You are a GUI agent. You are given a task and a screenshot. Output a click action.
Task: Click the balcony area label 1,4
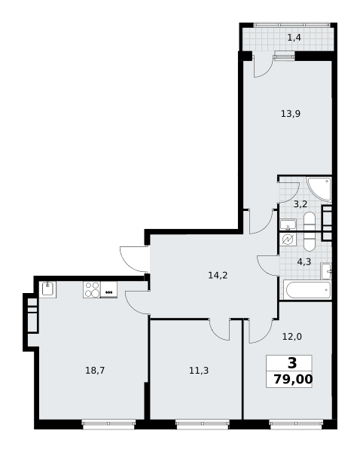coord(294,38)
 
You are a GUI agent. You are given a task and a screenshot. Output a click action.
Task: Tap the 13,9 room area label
coord(291,114)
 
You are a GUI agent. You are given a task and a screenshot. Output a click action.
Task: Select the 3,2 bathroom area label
coord(301,204)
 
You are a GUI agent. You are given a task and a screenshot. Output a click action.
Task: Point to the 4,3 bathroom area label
coord(304,262)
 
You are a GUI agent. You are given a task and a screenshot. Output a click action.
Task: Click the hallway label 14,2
coord(218,275)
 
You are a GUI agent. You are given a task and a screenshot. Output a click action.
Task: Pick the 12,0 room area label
coord(292,337)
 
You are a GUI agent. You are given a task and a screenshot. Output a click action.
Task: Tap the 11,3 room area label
coord(199,370)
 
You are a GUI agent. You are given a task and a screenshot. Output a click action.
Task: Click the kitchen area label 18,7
coord(95,370)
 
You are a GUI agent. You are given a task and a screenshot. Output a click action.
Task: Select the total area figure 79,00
coord(293,379)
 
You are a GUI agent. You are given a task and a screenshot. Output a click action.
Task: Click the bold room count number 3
coord(292,363)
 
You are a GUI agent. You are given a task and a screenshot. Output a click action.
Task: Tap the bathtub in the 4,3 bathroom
coord(307,290)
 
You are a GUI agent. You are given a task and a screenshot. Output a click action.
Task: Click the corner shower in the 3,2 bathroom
coord(319,189)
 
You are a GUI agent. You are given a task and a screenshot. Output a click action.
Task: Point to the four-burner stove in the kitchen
coord(92,289)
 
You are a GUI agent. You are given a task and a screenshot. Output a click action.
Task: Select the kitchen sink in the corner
coord(47,289)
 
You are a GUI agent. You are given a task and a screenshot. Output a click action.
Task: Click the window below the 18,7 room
coord(108,424)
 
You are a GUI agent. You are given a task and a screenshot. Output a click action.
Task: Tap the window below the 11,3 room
coord(203,424)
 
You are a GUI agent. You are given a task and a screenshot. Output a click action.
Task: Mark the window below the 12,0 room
coord(296,424)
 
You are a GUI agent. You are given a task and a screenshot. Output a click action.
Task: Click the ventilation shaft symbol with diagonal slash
coord(288,239)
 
